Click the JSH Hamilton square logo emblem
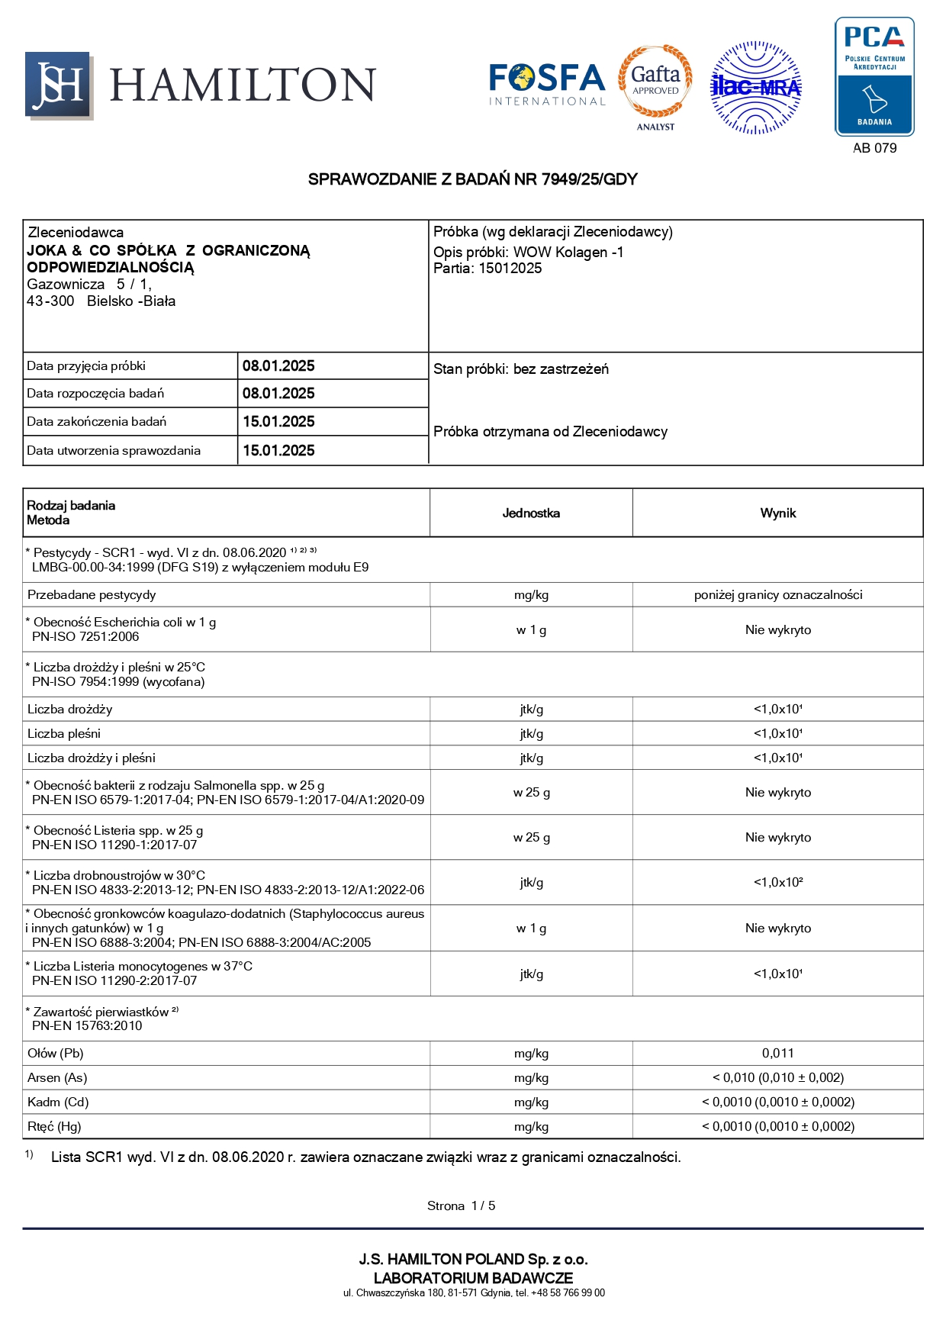click(59, 85)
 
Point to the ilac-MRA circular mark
click(755, 88)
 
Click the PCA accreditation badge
click(874, 76)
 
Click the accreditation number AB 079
click(874, 148)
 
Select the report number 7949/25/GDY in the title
click(589, 179)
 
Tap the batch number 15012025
click(510, 269)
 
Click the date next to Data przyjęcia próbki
click(278, 366)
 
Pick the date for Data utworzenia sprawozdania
click(278, 451)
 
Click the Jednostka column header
click(531, 513)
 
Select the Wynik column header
click(777, 513)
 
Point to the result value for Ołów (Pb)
click(777, 1054)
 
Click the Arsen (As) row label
click(57, 1078)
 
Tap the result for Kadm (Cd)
click(777, 1102)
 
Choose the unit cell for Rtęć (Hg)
click(531, 1127)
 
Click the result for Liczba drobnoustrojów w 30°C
click(777, 883)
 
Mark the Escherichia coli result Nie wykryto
click(777, 630)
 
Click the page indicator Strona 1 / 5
click(461, 1206)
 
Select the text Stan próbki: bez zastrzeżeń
click(521, 369)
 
